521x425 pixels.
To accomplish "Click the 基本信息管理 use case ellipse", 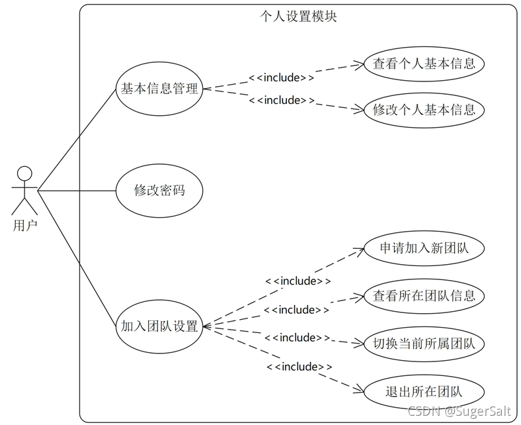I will (x=159, y=88).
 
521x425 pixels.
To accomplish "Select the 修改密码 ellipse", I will (x=159, y=191).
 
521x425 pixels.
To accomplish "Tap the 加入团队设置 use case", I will (x=159, y=326).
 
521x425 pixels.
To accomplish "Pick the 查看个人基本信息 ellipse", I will (x=424, y=64).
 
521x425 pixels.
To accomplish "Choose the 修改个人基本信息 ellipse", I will (x=424, y=109).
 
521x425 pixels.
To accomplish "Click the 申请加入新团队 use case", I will (x=424, y=248).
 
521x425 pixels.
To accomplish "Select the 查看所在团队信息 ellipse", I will (x=424, y=295).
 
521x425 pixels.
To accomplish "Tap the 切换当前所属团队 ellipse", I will (x=424, y=344).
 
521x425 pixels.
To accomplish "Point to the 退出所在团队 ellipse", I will (x=424, y=391).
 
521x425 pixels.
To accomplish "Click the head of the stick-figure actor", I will (x=24, y=173).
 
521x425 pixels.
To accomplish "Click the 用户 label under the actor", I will (x=24, y=226).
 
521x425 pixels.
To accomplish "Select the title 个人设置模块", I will (x=298, y=16).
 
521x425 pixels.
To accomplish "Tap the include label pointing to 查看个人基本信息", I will (x=281, y=77).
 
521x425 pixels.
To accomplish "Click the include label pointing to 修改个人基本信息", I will (x=281, y=100).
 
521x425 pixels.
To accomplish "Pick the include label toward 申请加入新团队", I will (x=298, y=281).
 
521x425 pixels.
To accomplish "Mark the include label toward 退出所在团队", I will (x=299, y=366).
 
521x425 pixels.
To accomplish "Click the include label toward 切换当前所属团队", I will (x=297, y=338).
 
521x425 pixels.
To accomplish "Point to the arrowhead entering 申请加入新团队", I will (x=360, y=250).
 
